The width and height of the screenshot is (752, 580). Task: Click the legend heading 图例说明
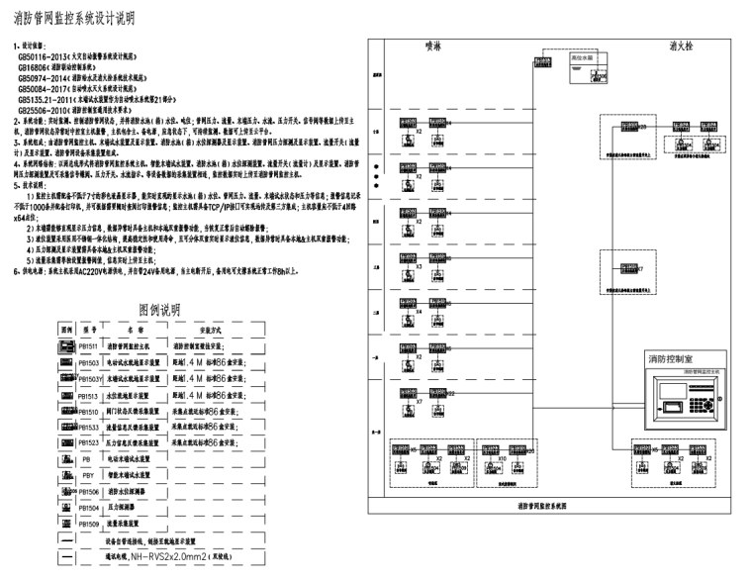tap(159, 310)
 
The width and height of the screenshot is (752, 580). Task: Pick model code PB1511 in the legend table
tap(89, 347)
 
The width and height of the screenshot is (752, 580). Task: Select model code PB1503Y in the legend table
tap(90, 379)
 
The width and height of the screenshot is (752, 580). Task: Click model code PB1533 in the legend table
tap(89, 427)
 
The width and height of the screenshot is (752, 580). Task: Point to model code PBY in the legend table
tap(88, 475)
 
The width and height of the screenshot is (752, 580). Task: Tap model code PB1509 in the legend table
tap(89, 523)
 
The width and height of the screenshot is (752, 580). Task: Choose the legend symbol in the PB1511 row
tap(66, 347)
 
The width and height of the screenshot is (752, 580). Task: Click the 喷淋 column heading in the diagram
tap(430, 47)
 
